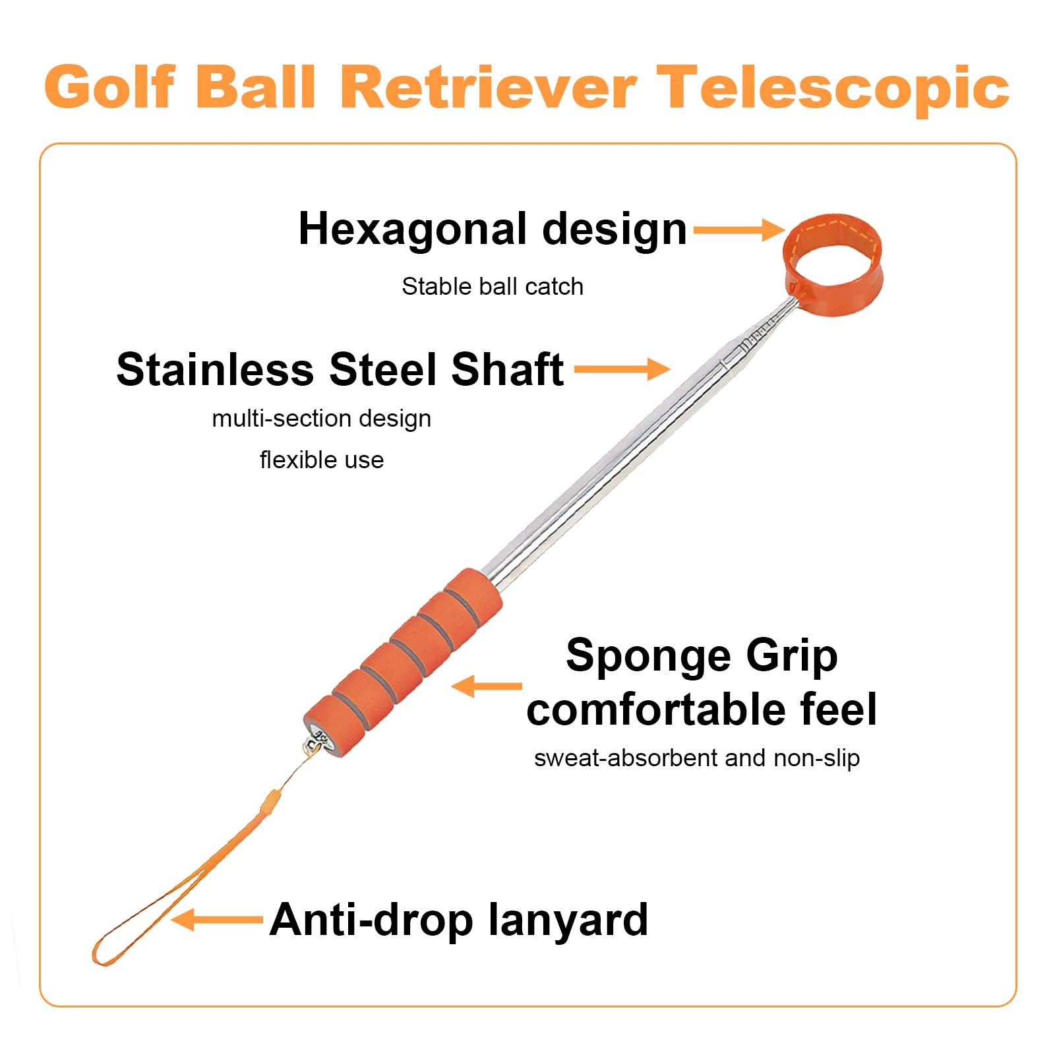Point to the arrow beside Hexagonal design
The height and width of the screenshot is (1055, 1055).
(738, 229)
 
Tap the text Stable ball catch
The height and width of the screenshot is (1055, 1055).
(493, 287)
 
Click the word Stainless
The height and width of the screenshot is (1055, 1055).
(215, 369)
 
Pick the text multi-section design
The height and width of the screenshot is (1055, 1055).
(321, 419)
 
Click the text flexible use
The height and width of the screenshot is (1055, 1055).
(321, 460)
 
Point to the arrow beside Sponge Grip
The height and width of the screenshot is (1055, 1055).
(486, 686)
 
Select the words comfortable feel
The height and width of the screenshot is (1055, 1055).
(702, 709)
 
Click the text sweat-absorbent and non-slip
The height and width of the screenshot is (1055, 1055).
(697, 758)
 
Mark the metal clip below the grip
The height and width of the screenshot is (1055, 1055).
(315, 742)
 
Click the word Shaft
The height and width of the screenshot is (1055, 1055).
(507, 369)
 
